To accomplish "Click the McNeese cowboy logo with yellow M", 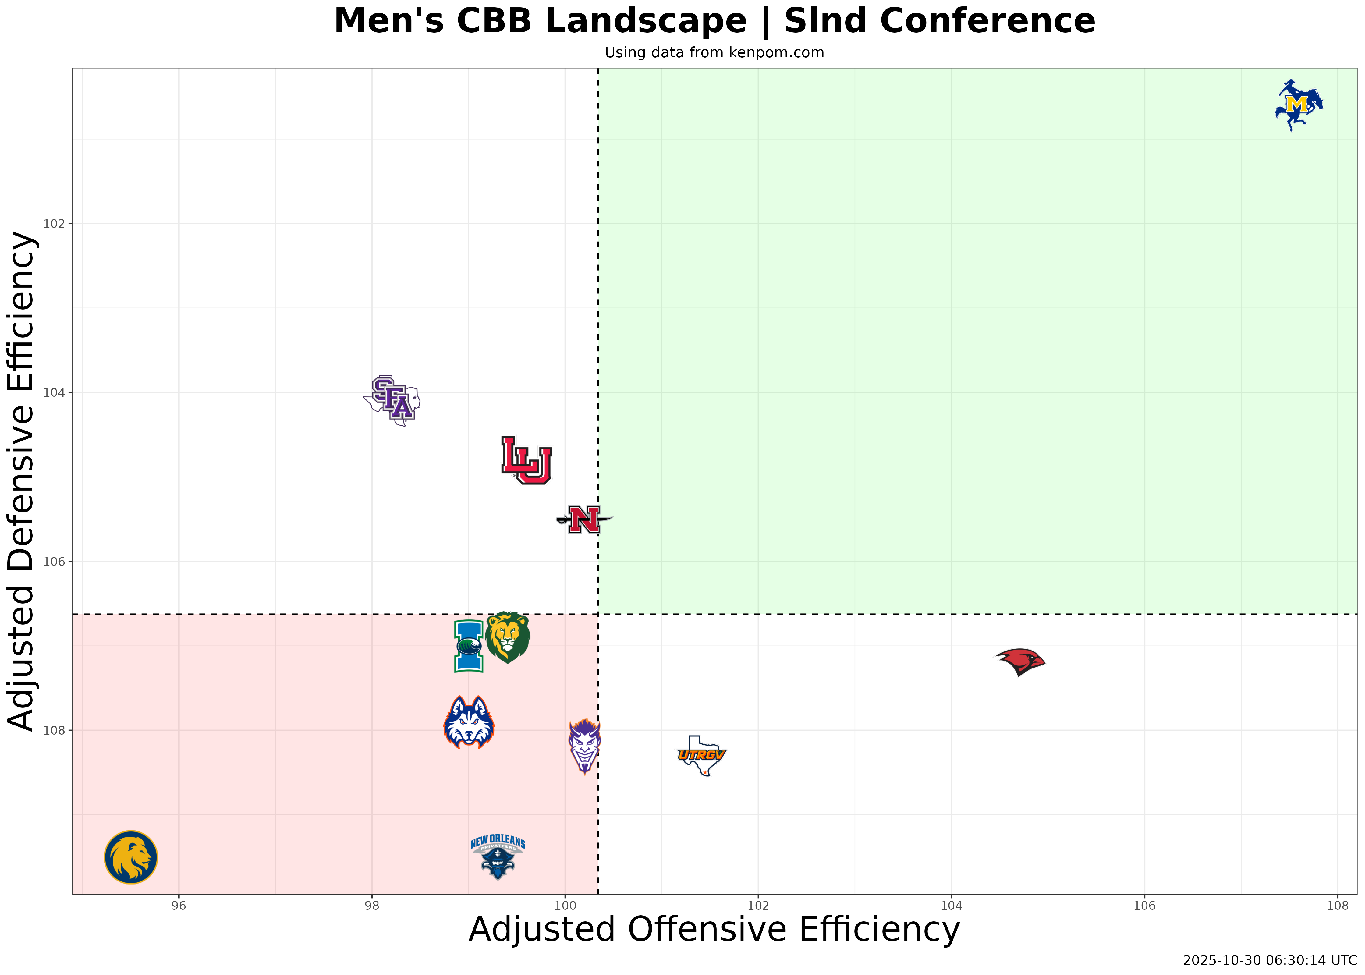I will coord(1298,105).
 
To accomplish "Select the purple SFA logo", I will coord(392,400).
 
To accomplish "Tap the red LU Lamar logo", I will coord(526,460).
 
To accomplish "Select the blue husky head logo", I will coord(469,722).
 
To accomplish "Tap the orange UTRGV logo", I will coord(701,755).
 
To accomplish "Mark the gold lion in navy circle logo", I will coord(131,857).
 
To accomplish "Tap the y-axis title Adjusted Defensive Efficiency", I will coord(23,480).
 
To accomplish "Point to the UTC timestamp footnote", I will coord(1270,961).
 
